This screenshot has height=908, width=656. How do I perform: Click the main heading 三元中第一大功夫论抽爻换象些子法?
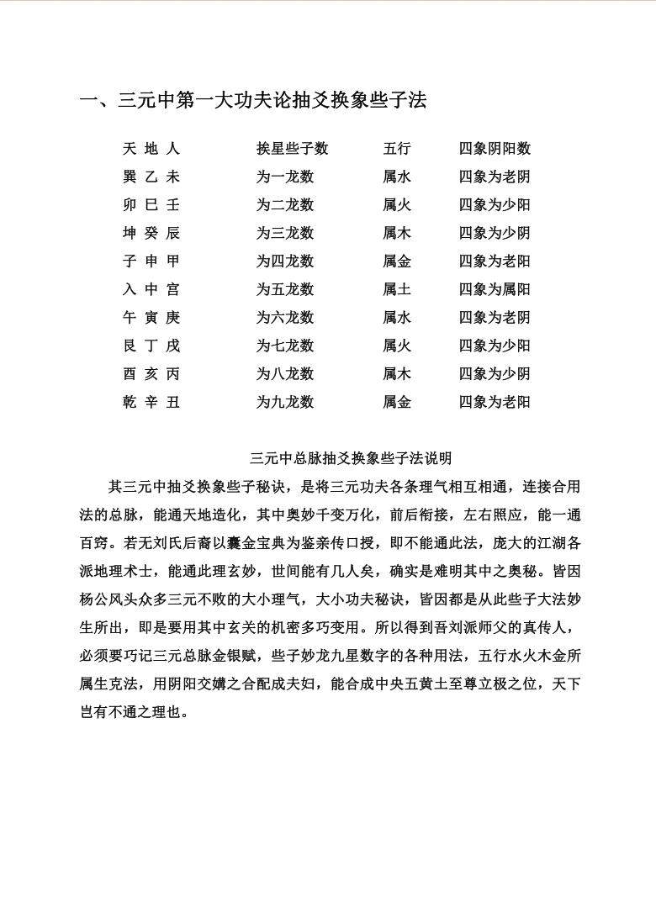tap(253, 101)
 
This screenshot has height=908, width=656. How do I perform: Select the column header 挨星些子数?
tap(292, 149)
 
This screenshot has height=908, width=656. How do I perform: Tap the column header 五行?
tap(397, 149)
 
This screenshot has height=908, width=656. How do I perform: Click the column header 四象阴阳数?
tap(495, 149)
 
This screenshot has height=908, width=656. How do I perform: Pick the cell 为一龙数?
tap(285, 177)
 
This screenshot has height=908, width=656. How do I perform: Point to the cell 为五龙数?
tap(285, 289)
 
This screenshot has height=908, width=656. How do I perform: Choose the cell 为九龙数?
tap(285, 402)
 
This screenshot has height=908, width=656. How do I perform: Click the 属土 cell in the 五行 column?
tap(397, 289)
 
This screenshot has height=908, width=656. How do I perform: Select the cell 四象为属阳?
tap(495, 289)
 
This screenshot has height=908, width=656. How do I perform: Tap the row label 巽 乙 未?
tap(151, 177)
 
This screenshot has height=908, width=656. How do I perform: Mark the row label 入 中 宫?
tap(151, 289)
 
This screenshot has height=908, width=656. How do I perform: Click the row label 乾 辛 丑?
tap(151, 402)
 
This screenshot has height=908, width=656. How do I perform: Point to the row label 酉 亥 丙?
tap(151, 373)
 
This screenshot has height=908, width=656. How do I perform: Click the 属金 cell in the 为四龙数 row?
tap(397, 261)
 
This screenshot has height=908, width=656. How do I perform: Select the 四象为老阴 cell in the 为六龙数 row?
tap(495, 318)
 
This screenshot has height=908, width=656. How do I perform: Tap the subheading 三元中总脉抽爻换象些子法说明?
tap(351, 458)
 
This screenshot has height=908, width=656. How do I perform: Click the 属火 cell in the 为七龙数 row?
tap(397, 346)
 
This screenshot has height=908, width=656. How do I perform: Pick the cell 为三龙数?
tap(285, 233)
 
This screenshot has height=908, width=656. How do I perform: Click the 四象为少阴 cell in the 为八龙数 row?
tap(495, 373)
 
